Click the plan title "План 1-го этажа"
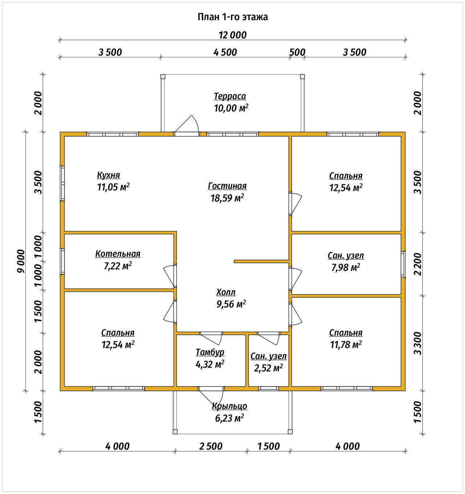232,17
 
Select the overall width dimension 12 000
232,35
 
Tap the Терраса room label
230,96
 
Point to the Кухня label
108,175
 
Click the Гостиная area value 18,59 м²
227,198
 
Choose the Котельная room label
118,254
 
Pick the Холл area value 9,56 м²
231,304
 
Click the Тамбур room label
210,352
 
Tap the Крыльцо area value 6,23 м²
229,418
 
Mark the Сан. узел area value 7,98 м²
345,268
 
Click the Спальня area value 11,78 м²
345,344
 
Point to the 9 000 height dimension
20,261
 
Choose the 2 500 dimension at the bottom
211,446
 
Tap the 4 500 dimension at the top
225,52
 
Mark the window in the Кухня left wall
62,183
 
